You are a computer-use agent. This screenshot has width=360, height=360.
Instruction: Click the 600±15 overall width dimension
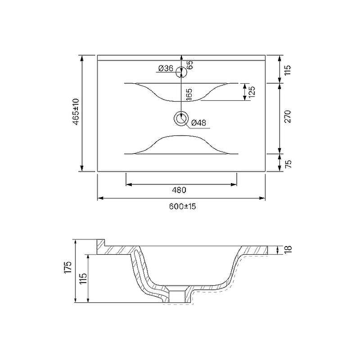point(183,206)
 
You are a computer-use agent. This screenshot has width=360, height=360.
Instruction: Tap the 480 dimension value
point(179,190)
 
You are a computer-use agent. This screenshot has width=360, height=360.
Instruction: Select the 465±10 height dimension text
point(76,112)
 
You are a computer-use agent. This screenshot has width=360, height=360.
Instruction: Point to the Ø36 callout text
point(166,68)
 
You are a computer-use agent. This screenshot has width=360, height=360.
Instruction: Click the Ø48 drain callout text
point(198,123)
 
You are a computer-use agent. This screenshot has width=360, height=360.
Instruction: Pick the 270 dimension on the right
point(288,117)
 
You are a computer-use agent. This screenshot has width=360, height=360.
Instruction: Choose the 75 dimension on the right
point(288,164)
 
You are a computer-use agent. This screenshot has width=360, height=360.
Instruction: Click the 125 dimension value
point(252,92)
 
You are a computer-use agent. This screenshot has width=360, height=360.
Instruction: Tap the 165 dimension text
point(189,94)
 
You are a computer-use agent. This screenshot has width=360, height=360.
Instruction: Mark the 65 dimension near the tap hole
point(190,65)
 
